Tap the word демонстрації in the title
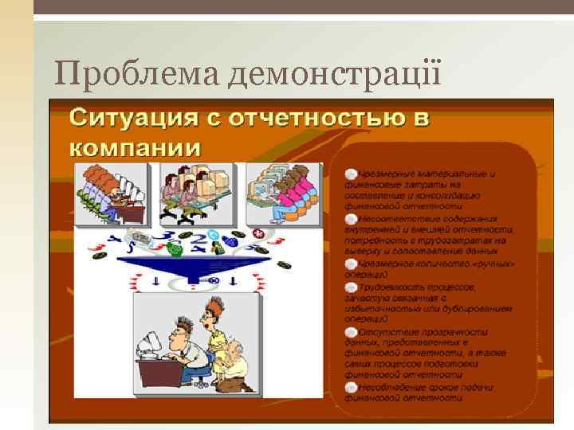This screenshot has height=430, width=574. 336,75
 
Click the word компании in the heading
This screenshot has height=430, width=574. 136,147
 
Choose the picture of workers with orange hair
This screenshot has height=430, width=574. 112,193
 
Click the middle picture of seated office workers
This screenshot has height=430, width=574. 197,193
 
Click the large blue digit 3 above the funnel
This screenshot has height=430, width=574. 169,236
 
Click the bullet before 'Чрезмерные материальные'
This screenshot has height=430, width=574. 351,173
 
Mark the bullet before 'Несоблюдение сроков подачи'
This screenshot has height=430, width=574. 351,386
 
